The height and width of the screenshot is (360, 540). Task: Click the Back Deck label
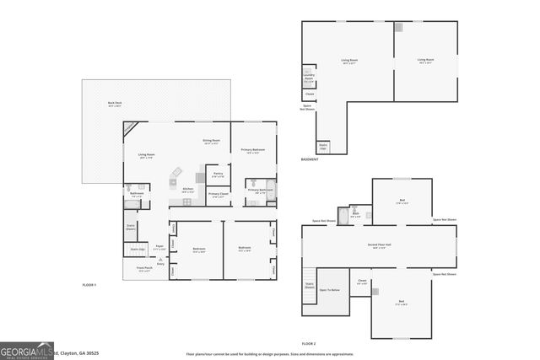tap(114, 105)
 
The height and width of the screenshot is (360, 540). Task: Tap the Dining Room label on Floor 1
tap(211, 142)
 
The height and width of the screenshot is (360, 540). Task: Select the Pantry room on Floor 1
tap(218, 175)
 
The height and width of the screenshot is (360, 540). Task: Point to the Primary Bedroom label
tap(253, 150)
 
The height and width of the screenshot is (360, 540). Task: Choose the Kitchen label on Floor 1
tap(188, 190)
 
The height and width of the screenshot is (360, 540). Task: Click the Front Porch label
tap(143, 269)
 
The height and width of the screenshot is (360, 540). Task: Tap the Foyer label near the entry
tap(159, 248)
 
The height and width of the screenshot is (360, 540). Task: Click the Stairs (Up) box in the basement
tap(323, 147)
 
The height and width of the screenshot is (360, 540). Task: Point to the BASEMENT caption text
tap(310, 160)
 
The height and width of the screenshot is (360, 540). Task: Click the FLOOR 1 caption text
tap(89, 285)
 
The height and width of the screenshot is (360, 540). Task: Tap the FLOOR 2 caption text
tap(309, 344)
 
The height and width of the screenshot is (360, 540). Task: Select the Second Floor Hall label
tap(376, 246)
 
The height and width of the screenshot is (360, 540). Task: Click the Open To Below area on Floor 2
tap(330, 290)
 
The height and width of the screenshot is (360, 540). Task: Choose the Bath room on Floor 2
tap(355, 215)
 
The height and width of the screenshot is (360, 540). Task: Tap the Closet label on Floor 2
tap(362, 282)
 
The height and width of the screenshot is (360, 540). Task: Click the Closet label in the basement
tap(310, 94)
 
